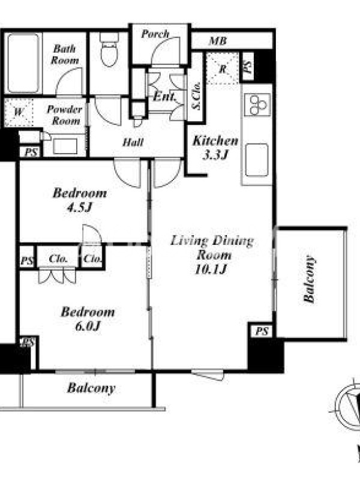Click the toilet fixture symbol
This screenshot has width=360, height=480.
(109, 49)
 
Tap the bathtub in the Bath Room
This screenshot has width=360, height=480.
(23, 63)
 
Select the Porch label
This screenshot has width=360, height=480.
(155, 34)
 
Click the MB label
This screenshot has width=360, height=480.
(218, 41)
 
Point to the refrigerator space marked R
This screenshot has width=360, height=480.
(223, 68)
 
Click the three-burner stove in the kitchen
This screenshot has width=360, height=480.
(257, 104)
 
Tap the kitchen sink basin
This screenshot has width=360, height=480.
(257, 160)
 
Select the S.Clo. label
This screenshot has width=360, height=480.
(196, 95)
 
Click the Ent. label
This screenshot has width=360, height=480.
(164, 97)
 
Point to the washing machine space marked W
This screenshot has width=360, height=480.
(19, 112)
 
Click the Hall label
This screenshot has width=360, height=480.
(133, 142)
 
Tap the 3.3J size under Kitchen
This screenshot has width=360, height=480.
(215, 155)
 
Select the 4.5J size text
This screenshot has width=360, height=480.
(80, 208)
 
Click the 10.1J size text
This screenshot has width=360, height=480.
(211, 269)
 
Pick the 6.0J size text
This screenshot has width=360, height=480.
(88, 326)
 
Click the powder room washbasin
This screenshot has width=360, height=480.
(65, 146)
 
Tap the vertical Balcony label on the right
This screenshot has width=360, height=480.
(309, 279)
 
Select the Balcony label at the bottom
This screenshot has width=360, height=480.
(91, 388)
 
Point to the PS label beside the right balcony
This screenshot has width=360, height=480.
(262, 331)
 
